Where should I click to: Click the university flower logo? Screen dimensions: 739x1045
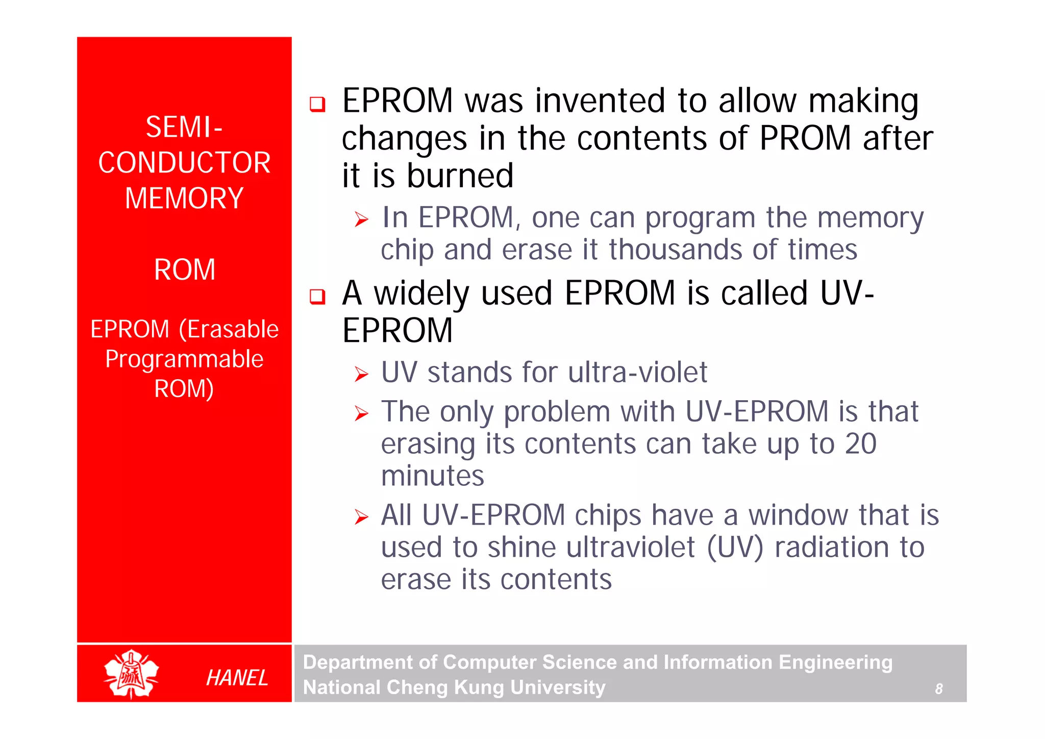[x=131, y=674]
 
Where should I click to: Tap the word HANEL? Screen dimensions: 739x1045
[x=237, y=678]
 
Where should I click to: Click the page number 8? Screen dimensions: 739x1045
[x=938, y=689]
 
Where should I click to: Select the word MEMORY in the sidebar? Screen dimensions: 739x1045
[x=184, y=198]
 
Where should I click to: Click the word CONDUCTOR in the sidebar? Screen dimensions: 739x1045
[x=184, y=163]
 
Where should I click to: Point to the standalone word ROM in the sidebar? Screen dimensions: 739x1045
[x=185, y=269]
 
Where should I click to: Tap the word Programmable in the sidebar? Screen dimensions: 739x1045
[x=184, y=359]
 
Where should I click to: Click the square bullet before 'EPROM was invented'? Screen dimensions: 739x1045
[x=317, y=104]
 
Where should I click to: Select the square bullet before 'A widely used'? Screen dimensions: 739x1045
[x=317, y=296]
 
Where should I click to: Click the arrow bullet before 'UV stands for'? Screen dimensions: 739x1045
[x=361, y=375]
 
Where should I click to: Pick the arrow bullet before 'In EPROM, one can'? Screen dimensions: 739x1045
[x=361, y=220]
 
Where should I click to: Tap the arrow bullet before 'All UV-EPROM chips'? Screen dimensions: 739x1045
[x=361, y=517]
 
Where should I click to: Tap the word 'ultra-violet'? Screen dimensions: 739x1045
[x=637, y=372]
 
